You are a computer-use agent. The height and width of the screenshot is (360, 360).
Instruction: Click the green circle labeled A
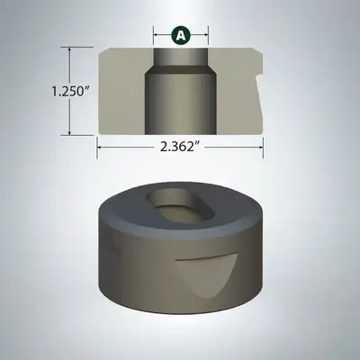[x=181, y=35]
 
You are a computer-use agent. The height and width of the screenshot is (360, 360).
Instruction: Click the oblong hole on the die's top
[x=180, y=208]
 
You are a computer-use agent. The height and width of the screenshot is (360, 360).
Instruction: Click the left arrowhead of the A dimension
[x=156, y=35]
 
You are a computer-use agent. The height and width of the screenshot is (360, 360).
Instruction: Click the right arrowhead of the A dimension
[x=206, y=35]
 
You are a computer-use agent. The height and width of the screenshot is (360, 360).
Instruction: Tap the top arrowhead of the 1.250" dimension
[x=70, y=50]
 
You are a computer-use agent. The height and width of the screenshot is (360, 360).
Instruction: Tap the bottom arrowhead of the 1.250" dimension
[x=70, y=132]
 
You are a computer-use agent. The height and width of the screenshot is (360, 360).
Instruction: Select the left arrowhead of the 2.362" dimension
[x=100, y=148]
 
